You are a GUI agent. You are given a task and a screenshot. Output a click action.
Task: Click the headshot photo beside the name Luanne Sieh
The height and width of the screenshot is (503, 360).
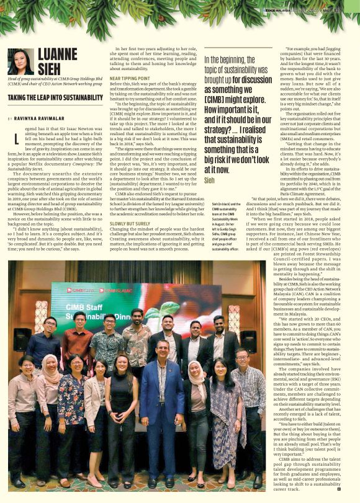click(21, 61)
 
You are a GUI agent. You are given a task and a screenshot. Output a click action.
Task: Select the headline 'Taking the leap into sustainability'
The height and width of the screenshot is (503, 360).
click(55, 98)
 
